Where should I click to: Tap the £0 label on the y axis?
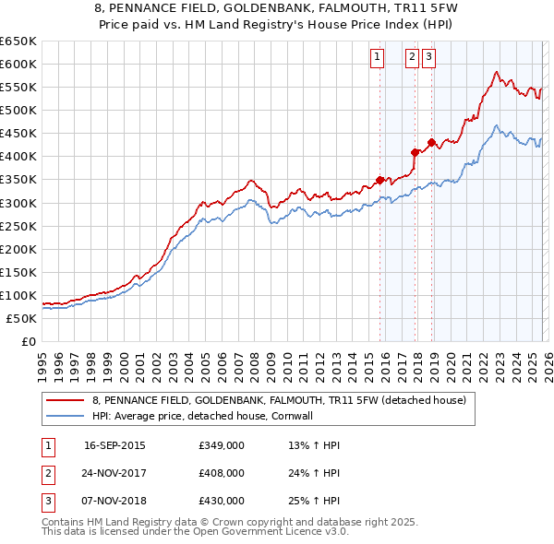28,341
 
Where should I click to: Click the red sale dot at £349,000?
379,180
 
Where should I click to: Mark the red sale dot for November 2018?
431,143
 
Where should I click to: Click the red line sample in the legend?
65,400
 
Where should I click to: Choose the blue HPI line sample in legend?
65,416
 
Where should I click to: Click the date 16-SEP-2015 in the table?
114,445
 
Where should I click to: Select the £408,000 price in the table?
222,473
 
